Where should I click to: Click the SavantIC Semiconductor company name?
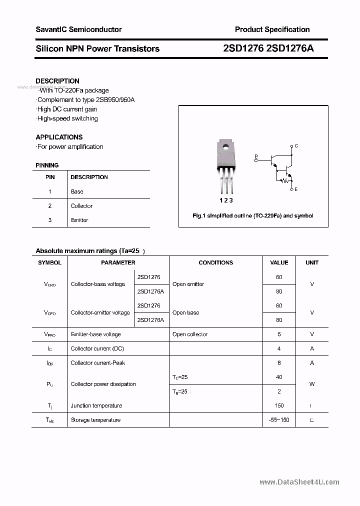coord(78,29)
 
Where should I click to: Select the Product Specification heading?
coord(272,29)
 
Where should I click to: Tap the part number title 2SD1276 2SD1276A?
coord(268,48)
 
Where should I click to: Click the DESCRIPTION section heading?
coord(57,81)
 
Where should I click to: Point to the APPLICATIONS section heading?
coord(59,137)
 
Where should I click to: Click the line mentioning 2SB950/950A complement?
coord(85,99)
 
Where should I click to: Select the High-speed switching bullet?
coord(67,118)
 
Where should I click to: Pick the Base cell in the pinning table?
coord(77,191)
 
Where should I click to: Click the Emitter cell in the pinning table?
coord(79,220)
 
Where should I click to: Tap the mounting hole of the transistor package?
coord(225,147)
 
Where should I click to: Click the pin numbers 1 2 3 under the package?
coord(226,200)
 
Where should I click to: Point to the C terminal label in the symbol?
coord(296,146)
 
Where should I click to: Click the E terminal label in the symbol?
coord(296,189)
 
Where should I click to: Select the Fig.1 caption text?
coord(253,215)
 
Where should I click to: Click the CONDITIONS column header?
coord(215,262)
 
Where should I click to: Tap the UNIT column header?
coord(312,262)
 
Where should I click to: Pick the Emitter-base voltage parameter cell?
coord(95,334)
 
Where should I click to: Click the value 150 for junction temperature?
coord(279,405)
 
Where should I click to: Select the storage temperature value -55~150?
coord(279,420)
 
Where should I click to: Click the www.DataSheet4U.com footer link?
coord(299,482)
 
